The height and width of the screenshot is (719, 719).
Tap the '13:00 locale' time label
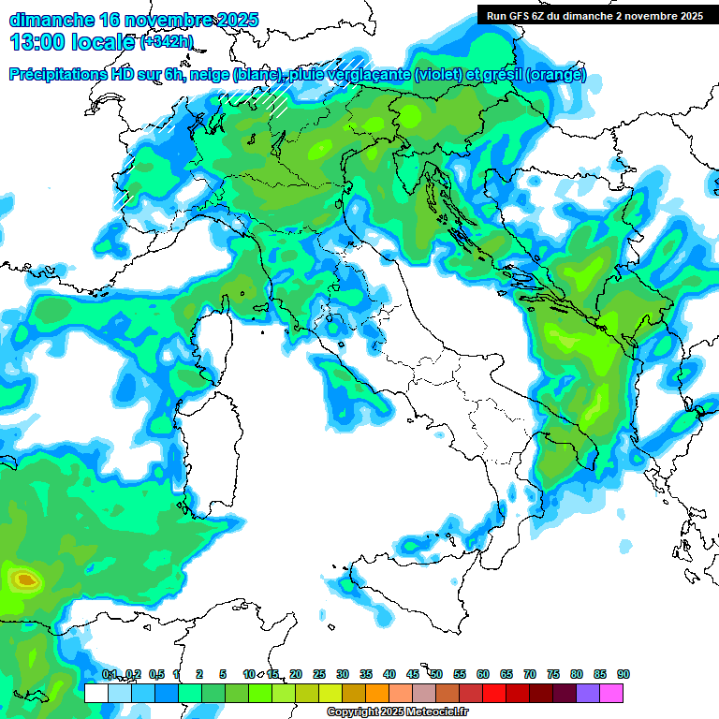point(73,42)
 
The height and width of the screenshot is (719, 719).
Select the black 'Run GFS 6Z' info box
point(594,15)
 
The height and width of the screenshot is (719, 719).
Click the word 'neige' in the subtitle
point(212,75)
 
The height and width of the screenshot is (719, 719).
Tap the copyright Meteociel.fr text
point(399,712)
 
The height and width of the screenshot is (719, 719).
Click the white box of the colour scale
point(95,693)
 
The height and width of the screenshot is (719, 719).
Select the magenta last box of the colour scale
point(611,693)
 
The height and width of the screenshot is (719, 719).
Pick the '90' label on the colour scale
point(624,674)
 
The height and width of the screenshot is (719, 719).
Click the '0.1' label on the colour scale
point(110,674)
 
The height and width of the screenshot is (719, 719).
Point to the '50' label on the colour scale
point(436,674)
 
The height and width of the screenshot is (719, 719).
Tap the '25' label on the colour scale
point(319,674)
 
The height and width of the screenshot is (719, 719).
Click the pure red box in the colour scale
point(494,693)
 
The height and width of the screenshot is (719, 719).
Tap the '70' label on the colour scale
point(530,674)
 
